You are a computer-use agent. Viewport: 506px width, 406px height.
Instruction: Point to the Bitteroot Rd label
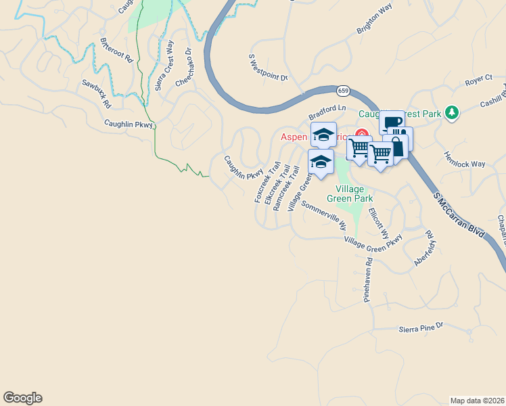116,49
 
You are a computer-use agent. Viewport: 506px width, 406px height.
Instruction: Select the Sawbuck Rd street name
96,95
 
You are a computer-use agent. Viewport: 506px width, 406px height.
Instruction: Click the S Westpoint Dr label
269,68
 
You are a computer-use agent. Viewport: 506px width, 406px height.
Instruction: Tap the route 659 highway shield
343,89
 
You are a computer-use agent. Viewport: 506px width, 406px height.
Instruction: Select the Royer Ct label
478,82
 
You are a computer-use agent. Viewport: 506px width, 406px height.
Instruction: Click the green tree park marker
452,112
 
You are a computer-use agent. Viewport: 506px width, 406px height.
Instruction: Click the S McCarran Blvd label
459,212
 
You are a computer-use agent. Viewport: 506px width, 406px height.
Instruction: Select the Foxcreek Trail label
267,181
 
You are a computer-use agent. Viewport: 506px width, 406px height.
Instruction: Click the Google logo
22,398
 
